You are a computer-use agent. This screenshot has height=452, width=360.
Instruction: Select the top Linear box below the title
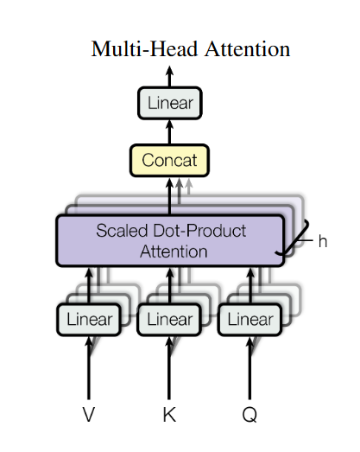(x=170, y=105)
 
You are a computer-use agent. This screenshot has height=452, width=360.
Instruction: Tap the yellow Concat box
(x=169, y=160)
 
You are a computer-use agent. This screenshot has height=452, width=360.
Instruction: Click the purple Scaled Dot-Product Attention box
(x=170, y=241)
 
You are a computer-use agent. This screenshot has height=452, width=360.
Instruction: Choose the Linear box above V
(x=89, y=319)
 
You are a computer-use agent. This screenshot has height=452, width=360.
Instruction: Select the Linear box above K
(x=169, y=319)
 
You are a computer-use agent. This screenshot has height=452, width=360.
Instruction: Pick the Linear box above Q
(x=250, y=319)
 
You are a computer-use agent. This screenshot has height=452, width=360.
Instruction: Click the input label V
(x=88, y=415)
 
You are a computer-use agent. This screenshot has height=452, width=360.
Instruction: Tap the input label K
(x=169, y=415)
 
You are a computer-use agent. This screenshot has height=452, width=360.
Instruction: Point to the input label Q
(x=249, y=415)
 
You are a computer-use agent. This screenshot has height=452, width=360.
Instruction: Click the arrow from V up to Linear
(x=88, y=367)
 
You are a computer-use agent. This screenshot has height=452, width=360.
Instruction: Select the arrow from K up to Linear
(x=169, y=367)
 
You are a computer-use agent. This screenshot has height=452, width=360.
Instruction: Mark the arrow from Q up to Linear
(x=249, y=367)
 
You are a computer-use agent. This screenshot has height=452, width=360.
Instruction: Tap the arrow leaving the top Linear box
(x=169, y=76)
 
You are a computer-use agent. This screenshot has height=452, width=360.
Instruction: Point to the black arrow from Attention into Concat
(x=169, y=195)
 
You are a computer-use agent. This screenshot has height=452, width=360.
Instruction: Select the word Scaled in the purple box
(x=121, y=232)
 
